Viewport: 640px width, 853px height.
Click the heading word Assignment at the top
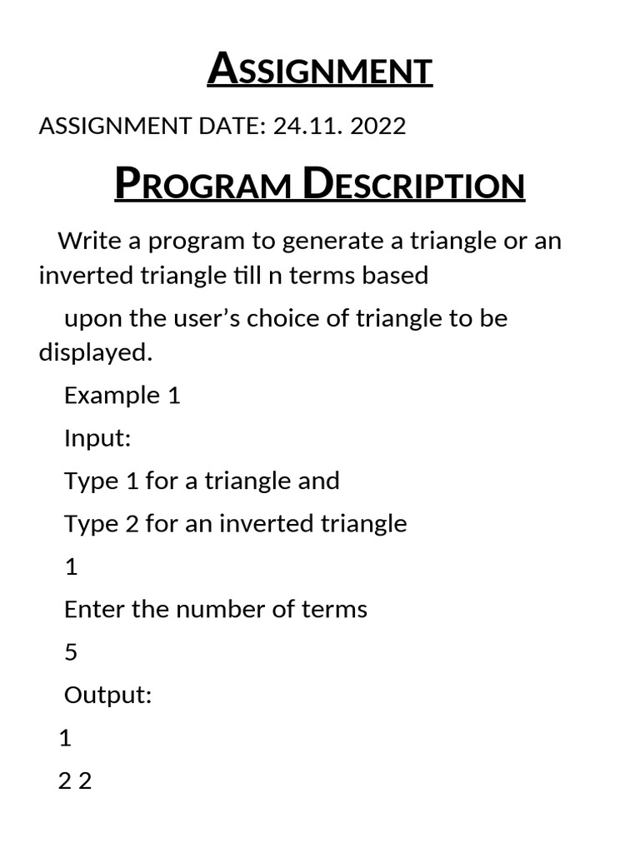point(320,70)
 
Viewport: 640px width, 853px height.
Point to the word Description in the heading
point(413,185)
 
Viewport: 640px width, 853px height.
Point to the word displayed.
point(96,352)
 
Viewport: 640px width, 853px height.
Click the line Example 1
point(122,395)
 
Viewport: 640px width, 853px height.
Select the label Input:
point(97,438)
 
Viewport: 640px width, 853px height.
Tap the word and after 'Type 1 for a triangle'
point(317,481)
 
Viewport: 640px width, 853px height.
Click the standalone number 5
point(71,652)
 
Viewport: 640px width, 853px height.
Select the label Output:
point(107,695)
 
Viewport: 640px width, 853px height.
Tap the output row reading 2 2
point(75,781)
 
